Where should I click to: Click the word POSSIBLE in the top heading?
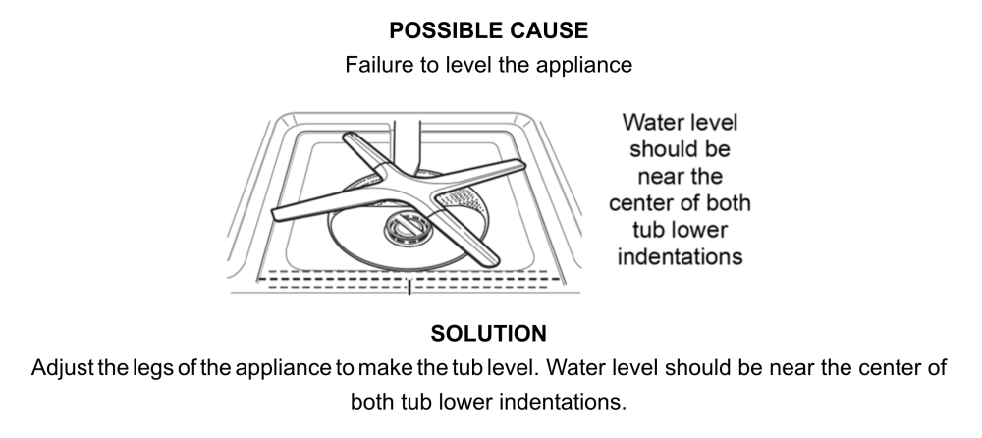tap(440, 31)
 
